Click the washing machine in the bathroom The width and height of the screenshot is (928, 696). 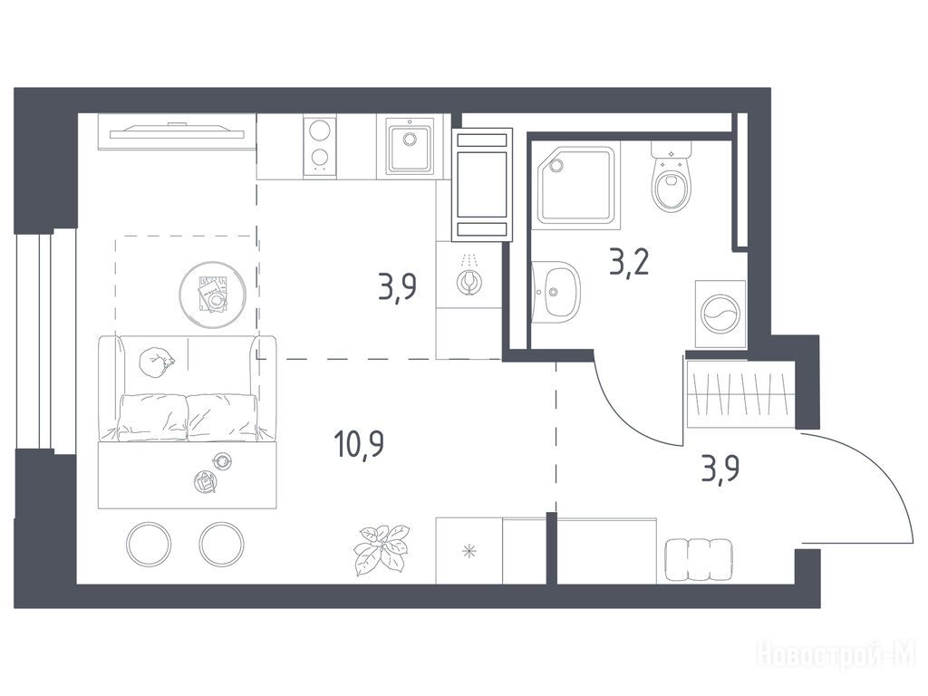pyautogui.click(x=720, y=313)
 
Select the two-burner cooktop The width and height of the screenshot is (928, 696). pyautogui.click(x=320, y=146)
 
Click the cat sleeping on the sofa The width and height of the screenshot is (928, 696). pyautogui.click(x=157, y=361)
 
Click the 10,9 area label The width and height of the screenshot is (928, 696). pyautogui.click(x=359, y=444)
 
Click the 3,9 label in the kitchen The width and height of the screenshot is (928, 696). pyautogui.click(x=397, y=287)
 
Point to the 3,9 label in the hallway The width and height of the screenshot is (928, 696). pyautogui.click(x=720, y=470)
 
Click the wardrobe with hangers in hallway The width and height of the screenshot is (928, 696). pyautogui.click(x=739, y=392)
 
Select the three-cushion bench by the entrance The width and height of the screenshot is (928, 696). pyautogui.click(x=699, y=559)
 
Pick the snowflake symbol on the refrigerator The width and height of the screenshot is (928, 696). pyautogui.click(x=469, y=554)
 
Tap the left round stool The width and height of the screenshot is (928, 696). pyautogui.click(x=150, y=544)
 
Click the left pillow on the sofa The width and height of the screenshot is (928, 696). pyautogui.click(x=153, y=417)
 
